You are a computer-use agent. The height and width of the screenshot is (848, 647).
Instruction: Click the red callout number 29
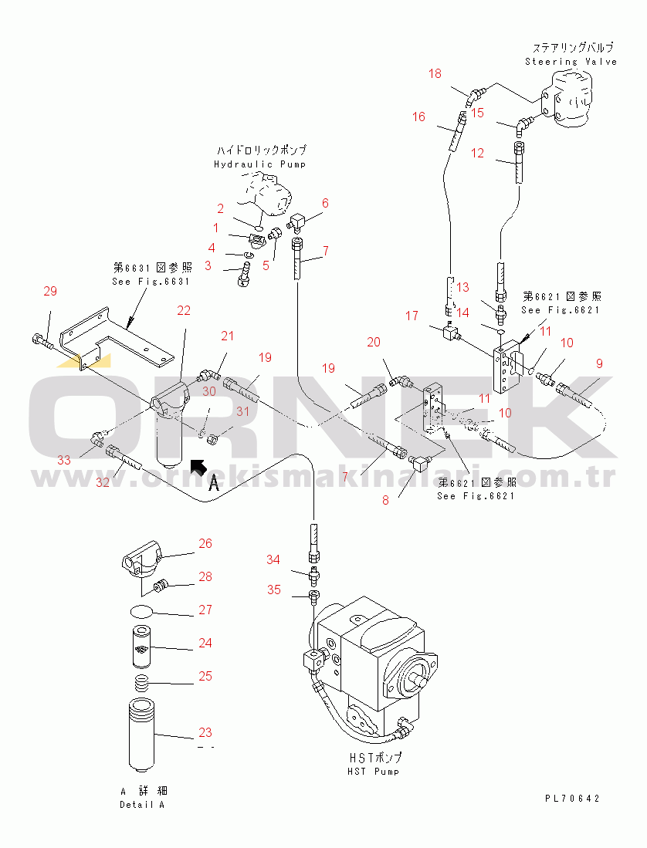(x=50, y=291)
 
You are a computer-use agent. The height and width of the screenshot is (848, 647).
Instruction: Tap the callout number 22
(x=184, y=310)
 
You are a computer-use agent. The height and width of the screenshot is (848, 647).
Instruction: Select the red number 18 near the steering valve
(x=435, y=74)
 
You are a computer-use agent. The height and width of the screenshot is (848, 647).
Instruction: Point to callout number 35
(x=274, y=590)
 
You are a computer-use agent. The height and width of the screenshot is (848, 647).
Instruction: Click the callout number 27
(x=205, y=610)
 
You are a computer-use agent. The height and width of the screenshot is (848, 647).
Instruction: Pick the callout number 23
(x=205, y=733)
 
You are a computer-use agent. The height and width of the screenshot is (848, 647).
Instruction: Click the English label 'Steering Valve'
(x=571, y=62)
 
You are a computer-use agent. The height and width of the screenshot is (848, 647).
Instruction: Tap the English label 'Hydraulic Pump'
(x=259, y=164)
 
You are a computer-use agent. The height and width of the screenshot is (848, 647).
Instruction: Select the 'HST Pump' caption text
(x=374, y=771)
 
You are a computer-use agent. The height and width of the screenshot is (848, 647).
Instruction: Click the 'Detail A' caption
(x=142, y=805)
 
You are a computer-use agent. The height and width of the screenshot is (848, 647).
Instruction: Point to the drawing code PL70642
(x=571, y=799)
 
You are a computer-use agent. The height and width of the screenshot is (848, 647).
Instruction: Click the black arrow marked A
(x=198, y=465)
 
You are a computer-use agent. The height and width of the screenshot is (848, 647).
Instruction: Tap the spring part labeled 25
(x=141, y=684)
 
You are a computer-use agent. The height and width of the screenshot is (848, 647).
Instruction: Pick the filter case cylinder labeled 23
(x=141, y=733)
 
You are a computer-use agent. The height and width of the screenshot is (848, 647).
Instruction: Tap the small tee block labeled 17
(x=448, y=333)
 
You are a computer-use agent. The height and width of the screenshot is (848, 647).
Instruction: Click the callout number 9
(x=598, y=363)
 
